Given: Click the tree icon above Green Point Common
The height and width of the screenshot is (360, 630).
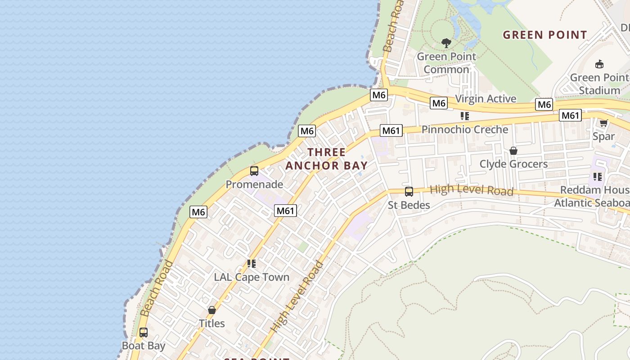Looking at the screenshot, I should tap(446, 43).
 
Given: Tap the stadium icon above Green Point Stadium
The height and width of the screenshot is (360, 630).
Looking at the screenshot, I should tap(599, 64).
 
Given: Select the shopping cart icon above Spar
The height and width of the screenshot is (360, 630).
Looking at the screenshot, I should tap(603, 123).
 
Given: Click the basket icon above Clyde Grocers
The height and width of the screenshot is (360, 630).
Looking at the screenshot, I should tap(513, 151).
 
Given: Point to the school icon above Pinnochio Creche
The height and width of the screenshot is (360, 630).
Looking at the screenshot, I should tap(465, 116).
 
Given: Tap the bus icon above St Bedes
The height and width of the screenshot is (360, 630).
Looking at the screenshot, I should tap(409, 192).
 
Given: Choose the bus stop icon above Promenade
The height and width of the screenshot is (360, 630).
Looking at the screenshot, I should tap(254, 171).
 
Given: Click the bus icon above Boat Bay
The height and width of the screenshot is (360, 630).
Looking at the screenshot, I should tap(144, 333).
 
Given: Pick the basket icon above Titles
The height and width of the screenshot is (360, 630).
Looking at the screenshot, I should tap(212, 310).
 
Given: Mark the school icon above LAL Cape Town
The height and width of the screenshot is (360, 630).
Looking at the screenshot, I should tap(252, 264).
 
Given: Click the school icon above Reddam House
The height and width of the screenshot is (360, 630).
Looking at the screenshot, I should tap(598, 176).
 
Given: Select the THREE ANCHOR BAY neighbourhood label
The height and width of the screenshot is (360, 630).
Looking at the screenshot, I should tap(327, 159).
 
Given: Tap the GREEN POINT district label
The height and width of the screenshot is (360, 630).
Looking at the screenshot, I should tap(544, 35).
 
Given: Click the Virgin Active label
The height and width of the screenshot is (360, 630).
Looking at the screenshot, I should tap(486, 99).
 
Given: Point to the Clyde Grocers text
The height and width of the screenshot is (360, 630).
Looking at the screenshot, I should tap(513, 164).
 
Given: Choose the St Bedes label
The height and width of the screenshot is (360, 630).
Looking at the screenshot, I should tap(409, 205).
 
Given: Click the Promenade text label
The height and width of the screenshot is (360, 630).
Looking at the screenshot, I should tap(254, 184).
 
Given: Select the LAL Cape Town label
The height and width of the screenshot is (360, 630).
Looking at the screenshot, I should tap(252, 277).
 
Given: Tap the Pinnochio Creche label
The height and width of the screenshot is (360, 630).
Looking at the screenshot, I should tap(464, 130).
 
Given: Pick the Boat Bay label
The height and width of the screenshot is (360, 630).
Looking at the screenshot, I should tap(144, 346).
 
